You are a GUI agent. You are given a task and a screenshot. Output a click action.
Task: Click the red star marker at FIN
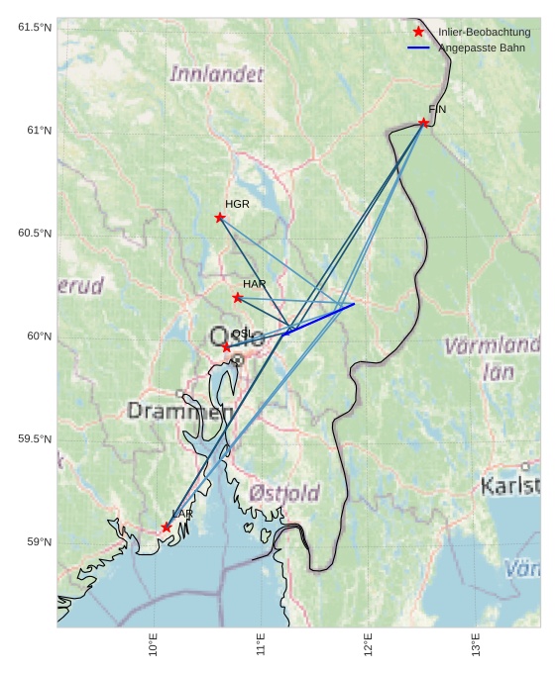[423, 123]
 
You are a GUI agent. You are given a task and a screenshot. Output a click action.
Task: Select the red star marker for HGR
[220, 218]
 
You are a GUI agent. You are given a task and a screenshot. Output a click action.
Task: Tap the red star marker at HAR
[237, 298]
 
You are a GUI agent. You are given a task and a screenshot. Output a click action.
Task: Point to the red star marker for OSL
[226, 347]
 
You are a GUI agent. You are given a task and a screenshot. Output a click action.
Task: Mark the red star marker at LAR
[166, 528]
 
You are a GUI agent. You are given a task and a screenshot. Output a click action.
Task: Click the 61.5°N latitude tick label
[34, 28]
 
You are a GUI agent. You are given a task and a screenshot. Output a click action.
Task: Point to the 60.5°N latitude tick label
[34, 234]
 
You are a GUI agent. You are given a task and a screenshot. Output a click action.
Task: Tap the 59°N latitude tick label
[39, 542]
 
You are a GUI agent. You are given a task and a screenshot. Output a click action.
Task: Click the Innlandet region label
[217, 74]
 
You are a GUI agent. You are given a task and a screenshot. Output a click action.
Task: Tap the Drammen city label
[179, 411]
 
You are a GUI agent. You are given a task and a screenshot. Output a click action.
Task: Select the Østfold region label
[284, 493]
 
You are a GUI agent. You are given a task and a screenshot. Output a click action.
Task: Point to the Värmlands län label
[492, 359]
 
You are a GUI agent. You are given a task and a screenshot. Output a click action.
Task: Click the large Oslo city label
[236, 337]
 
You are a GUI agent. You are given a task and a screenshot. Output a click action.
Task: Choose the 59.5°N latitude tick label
[34, 439]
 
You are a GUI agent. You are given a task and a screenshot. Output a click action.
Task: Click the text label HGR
[237, 204]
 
